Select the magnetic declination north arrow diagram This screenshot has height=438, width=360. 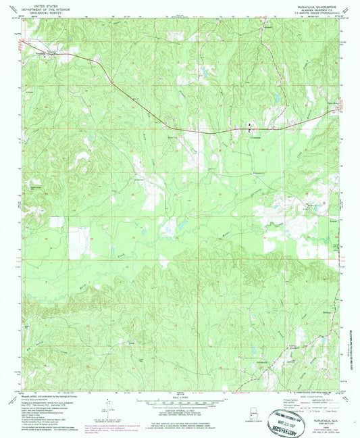point(107,406)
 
